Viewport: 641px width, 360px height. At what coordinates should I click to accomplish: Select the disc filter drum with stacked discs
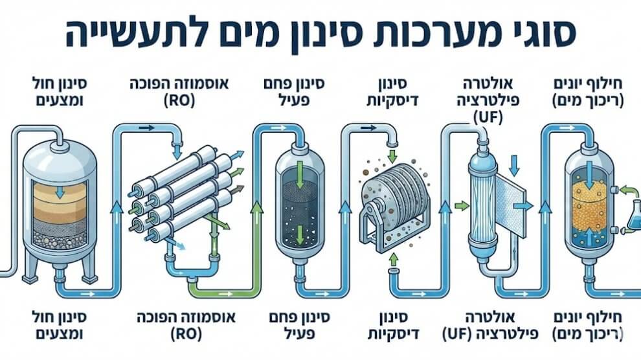pyautogui.click(x=391, y=194)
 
